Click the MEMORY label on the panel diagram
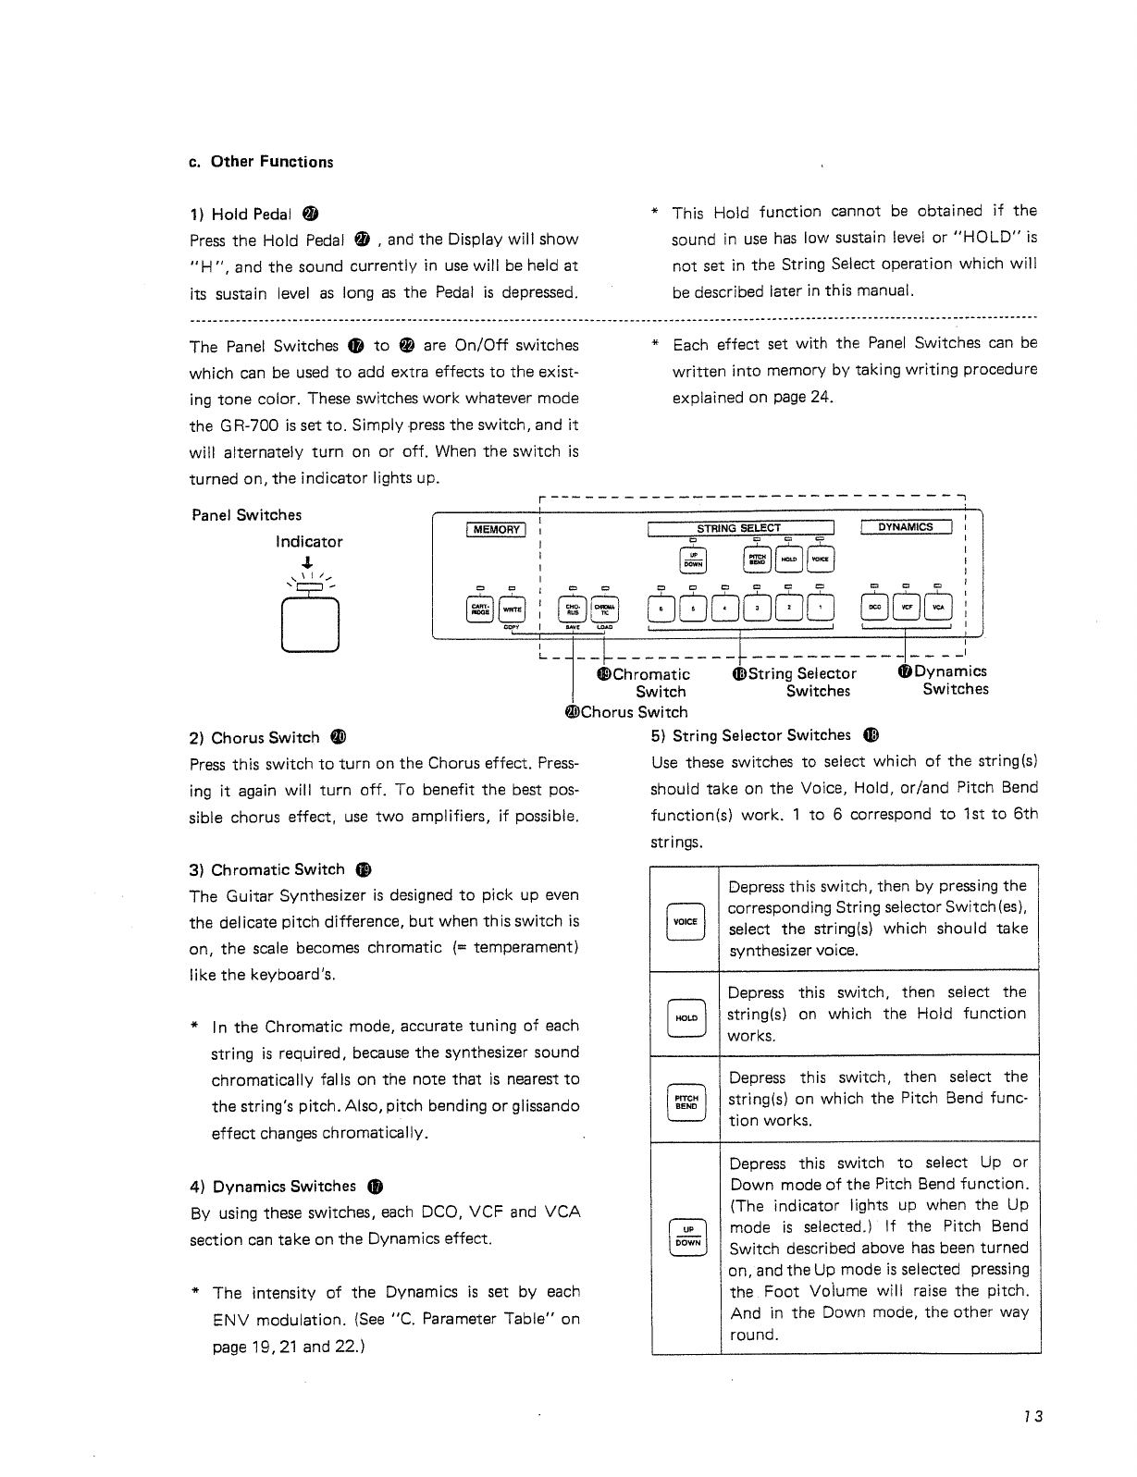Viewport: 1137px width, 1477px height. pyautogui.click(x=496, y=529)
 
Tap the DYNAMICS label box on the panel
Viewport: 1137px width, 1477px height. pyautogui.click(x=906, y=527)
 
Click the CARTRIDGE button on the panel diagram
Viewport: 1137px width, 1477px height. pyautogui.click(x=480, y=608)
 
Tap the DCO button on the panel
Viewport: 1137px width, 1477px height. pyautogui.click(x=875, y=607)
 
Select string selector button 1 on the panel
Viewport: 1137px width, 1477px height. pyautogui.click(x=820, y=608)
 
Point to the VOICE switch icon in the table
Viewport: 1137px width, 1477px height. pyautogui.click(x=685, y=922)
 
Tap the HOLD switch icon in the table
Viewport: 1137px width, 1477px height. pyautogui.click(x=686, y=1017)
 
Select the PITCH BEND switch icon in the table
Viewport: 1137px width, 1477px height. pyautogui.click(x=686, y=1101)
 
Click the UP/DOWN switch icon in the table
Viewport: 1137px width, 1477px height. pyautogui.click(x=686, y=1237)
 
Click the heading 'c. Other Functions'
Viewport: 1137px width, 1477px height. pyautogui.click(x=260, y=162)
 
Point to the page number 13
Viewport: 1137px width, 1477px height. pyautogui.click(x=1033, y=1417)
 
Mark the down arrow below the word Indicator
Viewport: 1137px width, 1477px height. pyautogui.click(x=308, y=564)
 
